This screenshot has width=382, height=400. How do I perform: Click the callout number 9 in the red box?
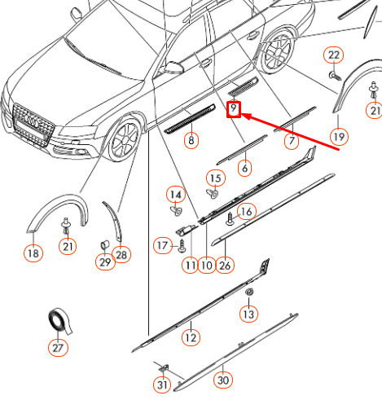[234, 108]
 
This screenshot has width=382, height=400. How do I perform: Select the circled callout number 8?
[191, 141]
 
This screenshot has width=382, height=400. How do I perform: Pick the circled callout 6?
[244, 168]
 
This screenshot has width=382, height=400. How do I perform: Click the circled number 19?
[339, 135]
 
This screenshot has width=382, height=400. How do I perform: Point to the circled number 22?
[334, 55]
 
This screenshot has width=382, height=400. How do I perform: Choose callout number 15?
[215, 178]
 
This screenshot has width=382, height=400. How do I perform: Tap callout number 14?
[175, 194]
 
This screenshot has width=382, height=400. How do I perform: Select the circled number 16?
[246, 211]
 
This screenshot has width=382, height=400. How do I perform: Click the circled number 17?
[162, 244]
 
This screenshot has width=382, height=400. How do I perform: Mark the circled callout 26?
[226, 264]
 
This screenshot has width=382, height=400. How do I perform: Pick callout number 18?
[33, 254]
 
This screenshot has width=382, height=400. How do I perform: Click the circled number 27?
[56, 349]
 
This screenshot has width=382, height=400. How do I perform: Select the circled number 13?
[248, 314]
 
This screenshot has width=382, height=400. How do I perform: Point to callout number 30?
[222, 380]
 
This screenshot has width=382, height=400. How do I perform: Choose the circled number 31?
[162, 385]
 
